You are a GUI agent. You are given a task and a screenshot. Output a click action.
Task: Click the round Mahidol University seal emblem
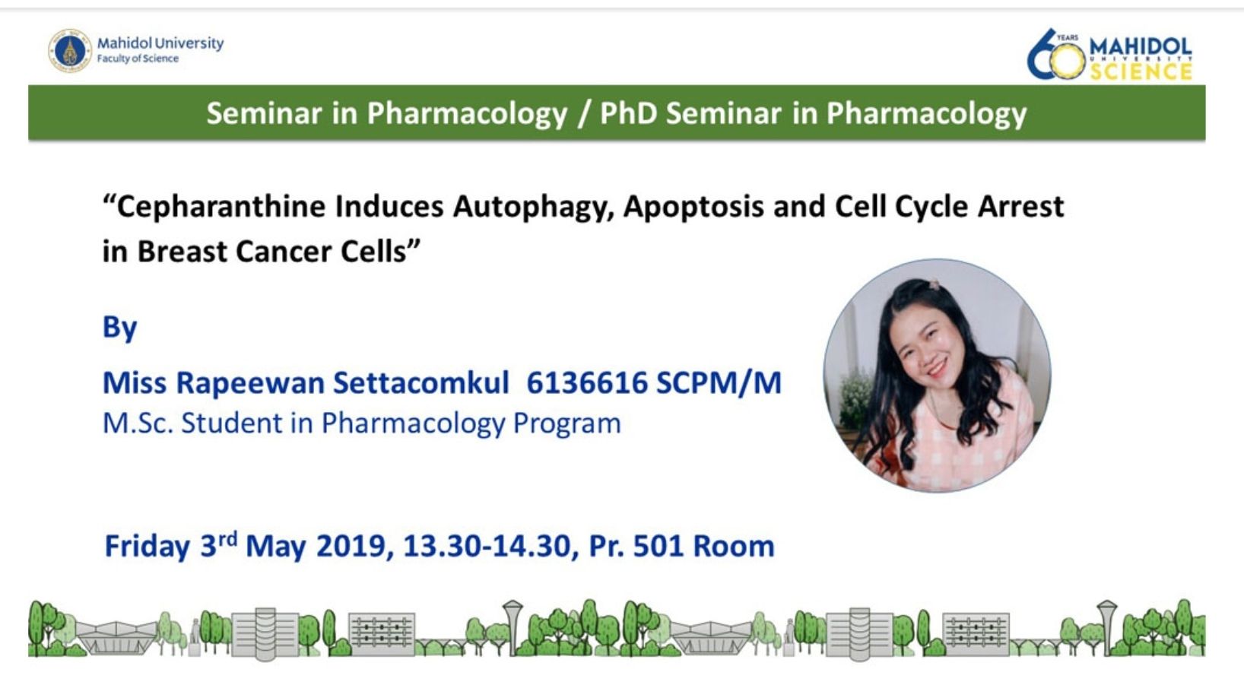70,51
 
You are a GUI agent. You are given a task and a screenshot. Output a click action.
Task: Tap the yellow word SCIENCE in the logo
1141,71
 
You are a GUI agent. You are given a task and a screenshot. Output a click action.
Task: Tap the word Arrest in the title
1020,207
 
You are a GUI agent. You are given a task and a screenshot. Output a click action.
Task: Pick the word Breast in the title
182,252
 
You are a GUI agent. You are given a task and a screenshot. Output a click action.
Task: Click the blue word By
120,328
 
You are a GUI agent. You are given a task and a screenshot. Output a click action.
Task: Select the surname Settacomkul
420,382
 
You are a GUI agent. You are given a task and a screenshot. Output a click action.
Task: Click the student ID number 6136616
587,382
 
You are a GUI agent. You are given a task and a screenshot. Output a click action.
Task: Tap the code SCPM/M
719,382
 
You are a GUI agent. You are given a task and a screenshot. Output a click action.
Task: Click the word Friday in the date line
148,546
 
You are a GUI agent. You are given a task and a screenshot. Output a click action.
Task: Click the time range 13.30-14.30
487,546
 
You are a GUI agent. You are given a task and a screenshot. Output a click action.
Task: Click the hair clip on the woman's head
934,285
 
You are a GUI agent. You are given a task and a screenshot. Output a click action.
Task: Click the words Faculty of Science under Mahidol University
138,59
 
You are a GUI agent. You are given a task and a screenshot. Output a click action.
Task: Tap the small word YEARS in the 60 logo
1068,38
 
